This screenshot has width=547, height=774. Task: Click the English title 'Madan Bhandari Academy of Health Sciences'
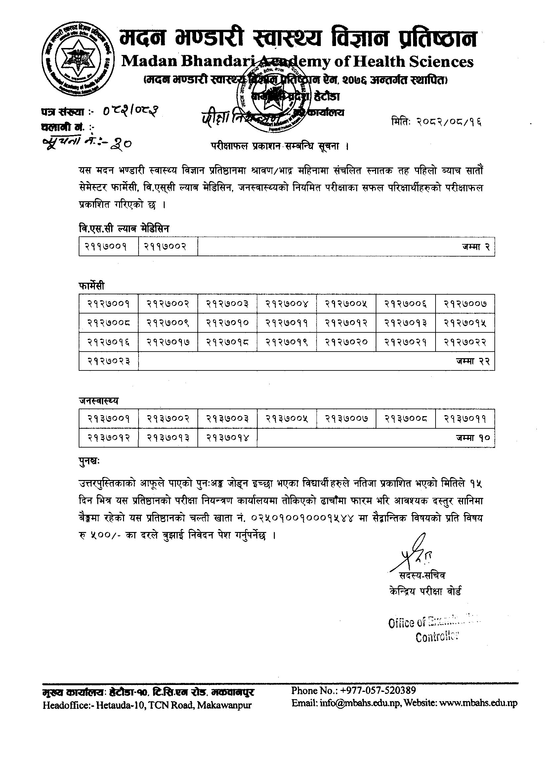pyautogui.click(x=297, y=61)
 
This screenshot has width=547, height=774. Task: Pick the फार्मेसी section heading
pyautogui.click(x=92, y=286)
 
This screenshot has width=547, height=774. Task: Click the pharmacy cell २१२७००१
pyautogui.click(x=108, y=304)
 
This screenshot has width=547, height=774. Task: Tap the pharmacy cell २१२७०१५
pyautogui.click(x=465, y=323)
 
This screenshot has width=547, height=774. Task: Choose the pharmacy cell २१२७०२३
pyautogui.click(x=108, y=361)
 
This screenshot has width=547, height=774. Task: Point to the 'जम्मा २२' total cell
pyautogui.click(x=473, y=361)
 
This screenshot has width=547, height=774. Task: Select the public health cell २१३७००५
pyautogui.click(x=287, y=419)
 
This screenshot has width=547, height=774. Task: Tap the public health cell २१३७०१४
pyautogui.click(x=227, y=438)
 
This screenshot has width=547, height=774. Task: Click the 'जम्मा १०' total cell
pyautogui.click(x=473, y=438)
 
